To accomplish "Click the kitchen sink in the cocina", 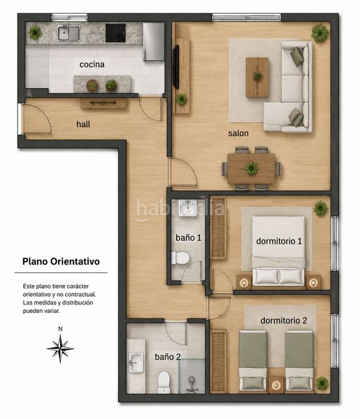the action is click(x=69, y=33).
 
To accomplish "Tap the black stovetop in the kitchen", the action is click(x=115, y=33).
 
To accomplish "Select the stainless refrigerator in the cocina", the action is click(x=153, y=41).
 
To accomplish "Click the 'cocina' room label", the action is click(x=92, y=64).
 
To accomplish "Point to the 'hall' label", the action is click(x=83, y=124).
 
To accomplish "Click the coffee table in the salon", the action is click(x=257, y=78).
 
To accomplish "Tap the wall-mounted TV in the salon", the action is click(x=175, y=67).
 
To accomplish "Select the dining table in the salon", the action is click(x=251, y=168).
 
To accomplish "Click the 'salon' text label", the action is click(x=238, y=133).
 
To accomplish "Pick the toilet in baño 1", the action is click(x=180, y=258).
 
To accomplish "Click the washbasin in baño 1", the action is click(x=188, y=208).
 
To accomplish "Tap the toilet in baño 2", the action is click(x=164, y=382).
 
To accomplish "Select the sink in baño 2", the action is click(x=136, y=362).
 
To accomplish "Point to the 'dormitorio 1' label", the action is click(x=279, y=242).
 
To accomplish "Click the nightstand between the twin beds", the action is click(x=275, y=385).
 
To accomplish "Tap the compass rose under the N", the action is click(x=60, y=348).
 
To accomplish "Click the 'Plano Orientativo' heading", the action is click(x=61, y=261).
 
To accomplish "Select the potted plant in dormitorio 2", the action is click(x=322, y=383).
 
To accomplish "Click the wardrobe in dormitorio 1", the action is click(x=218, y=228).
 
